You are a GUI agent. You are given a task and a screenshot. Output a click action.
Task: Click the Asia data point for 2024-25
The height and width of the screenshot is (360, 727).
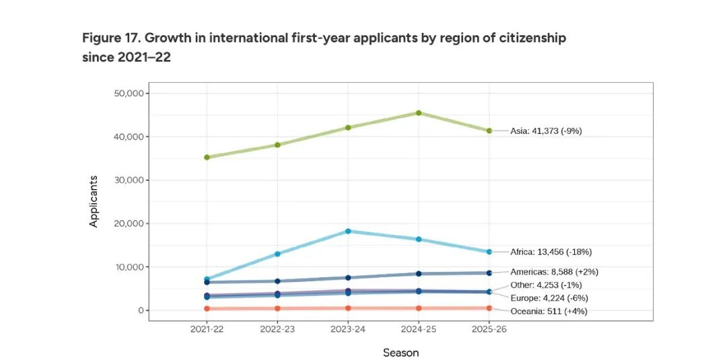(419, 113)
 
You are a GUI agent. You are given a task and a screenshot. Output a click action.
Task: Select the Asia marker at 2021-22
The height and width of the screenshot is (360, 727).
(207, 157)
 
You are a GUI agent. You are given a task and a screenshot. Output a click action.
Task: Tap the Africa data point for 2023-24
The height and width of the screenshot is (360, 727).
(348, 231)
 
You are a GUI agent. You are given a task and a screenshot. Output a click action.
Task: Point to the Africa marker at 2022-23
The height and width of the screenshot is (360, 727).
(277, 254)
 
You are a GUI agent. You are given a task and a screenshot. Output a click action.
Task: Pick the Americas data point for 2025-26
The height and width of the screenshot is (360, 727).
(489, 273)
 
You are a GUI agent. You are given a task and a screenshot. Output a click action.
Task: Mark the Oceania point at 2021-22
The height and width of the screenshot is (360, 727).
(207, 309)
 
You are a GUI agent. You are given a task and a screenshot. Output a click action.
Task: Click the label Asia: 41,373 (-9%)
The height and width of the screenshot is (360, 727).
(545, 131)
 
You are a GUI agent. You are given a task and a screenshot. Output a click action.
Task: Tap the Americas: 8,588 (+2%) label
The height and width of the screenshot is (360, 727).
(554, 273)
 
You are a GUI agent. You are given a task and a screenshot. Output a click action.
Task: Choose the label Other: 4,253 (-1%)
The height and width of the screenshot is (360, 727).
(546, 285)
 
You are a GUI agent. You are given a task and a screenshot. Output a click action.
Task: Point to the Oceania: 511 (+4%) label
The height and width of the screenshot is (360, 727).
(549, 312)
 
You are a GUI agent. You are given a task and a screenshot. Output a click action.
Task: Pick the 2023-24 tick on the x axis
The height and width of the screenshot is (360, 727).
(348, 330)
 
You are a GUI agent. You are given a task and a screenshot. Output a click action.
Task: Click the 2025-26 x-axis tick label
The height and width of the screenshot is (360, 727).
(489, 330)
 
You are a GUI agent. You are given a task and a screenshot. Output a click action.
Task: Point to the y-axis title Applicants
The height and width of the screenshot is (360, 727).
(94, 201)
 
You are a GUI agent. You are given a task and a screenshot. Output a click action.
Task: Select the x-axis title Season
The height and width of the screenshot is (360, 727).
(401, 353)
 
